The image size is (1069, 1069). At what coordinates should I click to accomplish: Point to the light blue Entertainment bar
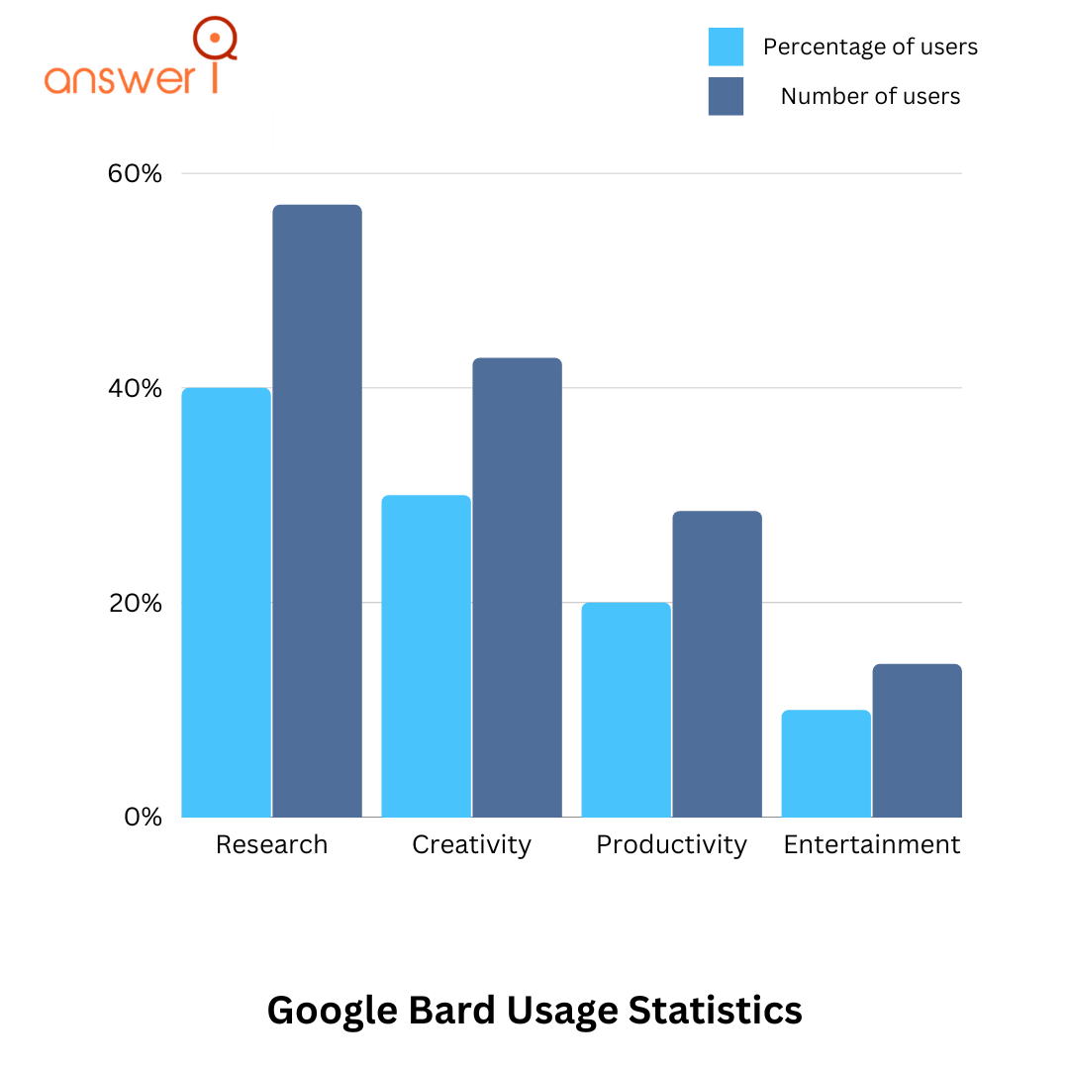[x=826, y=763]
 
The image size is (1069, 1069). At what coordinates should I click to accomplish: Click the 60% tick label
[x=135, y=174]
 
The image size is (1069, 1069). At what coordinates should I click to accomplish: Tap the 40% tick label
[x=135, y=388]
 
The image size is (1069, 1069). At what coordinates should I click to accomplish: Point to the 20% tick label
[x=135, y=603]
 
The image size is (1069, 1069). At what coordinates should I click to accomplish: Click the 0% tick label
[x=143, y=818]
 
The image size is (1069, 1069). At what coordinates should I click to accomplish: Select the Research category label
[x=271, y=844]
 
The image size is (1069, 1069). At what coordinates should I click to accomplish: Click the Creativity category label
[x=471, y=845]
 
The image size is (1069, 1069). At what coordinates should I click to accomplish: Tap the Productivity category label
[x=671, y=845]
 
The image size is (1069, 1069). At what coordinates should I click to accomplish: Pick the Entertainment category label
[x=871, y=844]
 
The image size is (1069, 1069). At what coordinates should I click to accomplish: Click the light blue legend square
[x=726, y=46]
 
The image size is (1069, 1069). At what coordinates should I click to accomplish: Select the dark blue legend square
[x=726, y=96]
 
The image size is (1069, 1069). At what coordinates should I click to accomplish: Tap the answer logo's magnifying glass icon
[x=215, y=40]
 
